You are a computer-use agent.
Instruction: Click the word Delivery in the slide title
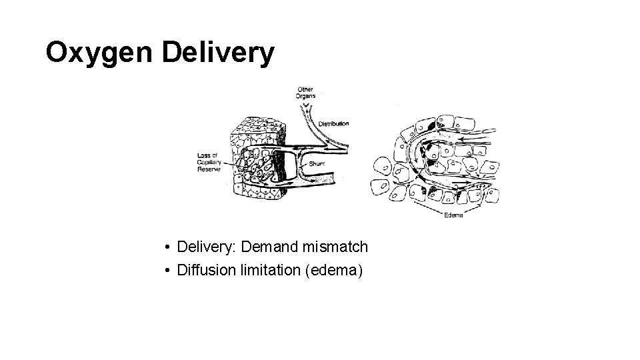coord(217,53)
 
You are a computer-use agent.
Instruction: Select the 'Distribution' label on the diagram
coord(333,123)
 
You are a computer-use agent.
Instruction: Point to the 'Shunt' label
coord(317,163)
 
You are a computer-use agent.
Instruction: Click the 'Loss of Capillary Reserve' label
coord(209,162)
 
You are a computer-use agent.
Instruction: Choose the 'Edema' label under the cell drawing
coord(454,215)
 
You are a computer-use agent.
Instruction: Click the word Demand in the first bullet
coord(270,247)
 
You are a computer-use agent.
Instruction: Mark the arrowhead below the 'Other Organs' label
coord(305,105)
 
